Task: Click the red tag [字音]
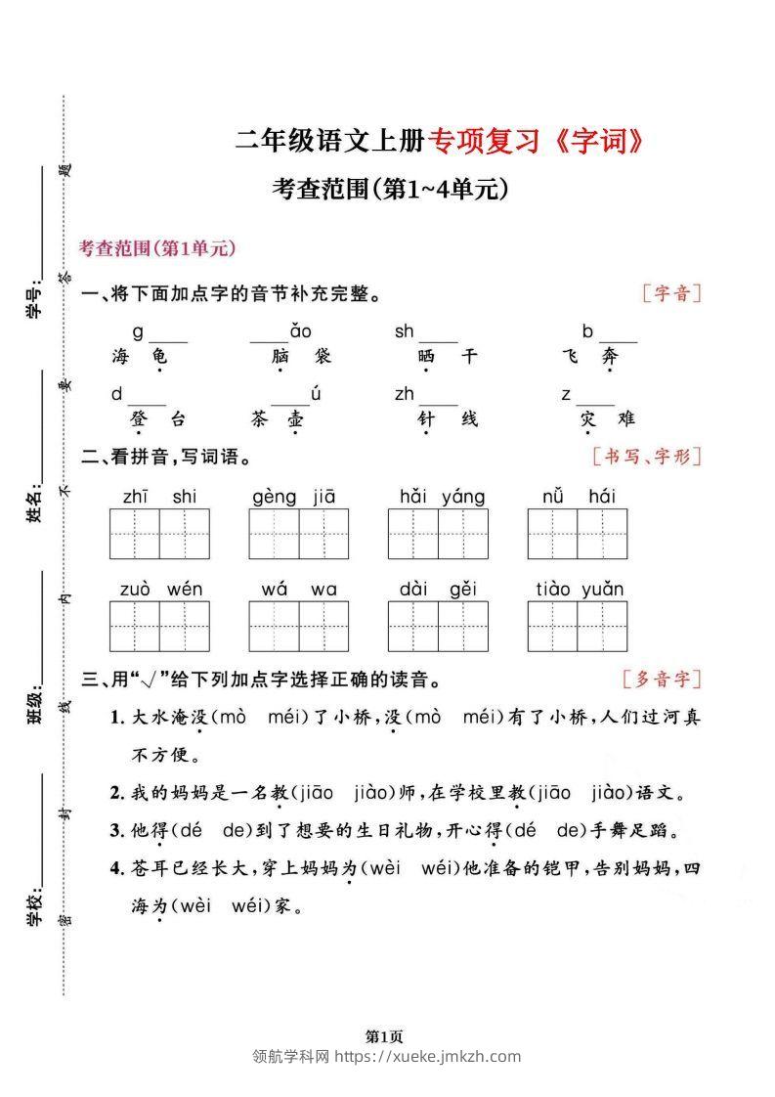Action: pyautogui.click(x=672, y=292)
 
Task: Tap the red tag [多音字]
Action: pyautogui.click(x=662, y=679)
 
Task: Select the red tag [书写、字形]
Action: pyautogui.click(x=647, y=455)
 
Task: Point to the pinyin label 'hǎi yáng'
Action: pyautogui.click(x=442, y=497)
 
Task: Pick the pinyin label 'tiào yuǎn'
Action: pyautogui.click(x=580, y=589)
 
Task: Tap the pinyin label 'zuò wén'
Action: pyautogui.click(x=161, y=589)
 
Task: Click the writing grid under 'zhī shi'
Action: pyautogui.click(x=159, y=534)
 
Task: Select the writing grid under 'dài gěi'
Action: pyautogui.click(x=438, y=626)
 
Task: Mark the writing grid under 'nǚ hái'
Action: pyautogui.click(x=578, y=534)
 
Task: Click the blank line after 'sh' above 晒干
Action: pyautogui.click(x=438, y=340)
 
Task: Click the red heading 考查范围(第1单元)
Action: pyautogui.click(x=157, y=249)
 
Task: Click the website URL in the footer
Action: pyautogui.click(x=427, y=1056)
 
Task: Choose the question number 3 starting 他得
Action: pyautogui.click(x=115, y=830)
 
